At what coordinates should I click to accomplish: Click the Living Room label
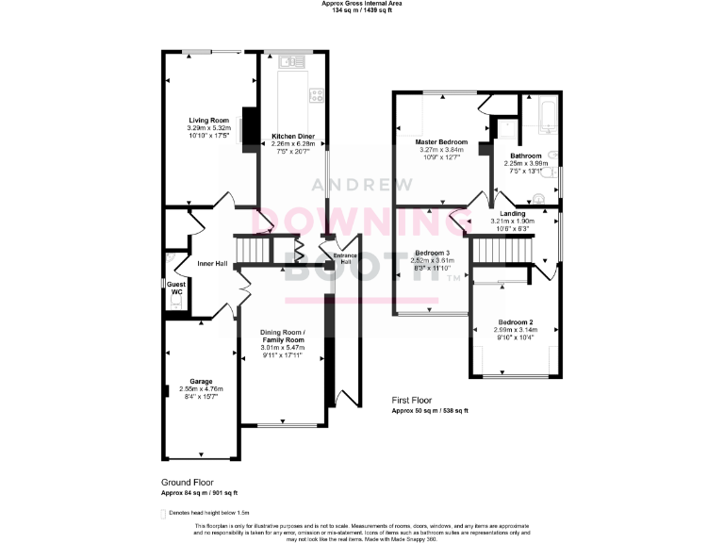209,120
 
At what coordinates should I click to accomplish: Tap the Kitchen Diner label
293,136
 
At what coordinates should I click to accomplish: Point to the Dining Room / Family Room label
284,336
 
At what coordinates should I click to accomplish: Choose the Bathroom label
526,156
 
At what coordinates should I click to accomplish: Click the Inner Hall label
212,263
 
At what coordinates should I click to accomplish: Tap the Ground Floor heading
186,482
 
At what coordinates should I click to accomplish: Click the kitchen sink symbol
289,62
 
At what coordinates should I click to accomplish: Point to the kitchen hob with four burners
317,94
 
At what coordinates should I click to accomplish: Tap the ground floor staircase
252,251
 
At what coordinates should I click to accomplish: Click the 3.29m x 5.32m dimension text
209,128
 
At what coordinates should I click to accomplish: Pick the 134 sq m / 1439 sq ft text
361,10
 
